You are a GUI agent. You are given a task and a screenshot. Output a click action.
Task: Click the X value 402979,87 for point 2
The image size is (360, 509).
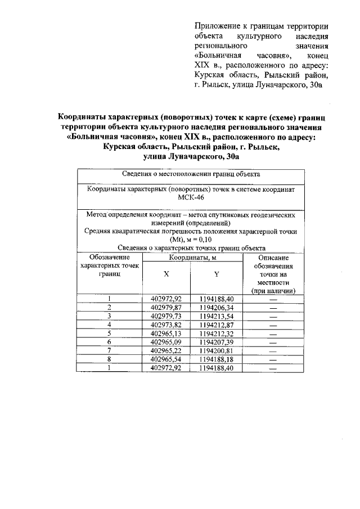point(167,307)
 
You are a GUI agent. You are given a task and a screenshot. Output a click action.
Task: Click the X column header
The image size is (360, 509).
point(166,274)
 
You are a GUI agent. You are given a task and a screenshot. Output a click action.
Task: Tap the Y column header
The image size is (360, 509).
point(216,274)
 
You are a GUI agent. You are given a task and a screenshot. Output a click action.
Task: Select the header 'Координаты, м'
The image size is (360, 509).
point(191,257)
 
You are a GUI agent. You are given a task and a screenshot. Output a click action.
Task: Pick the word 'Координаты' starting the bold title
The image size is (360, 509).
point(85,117)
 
